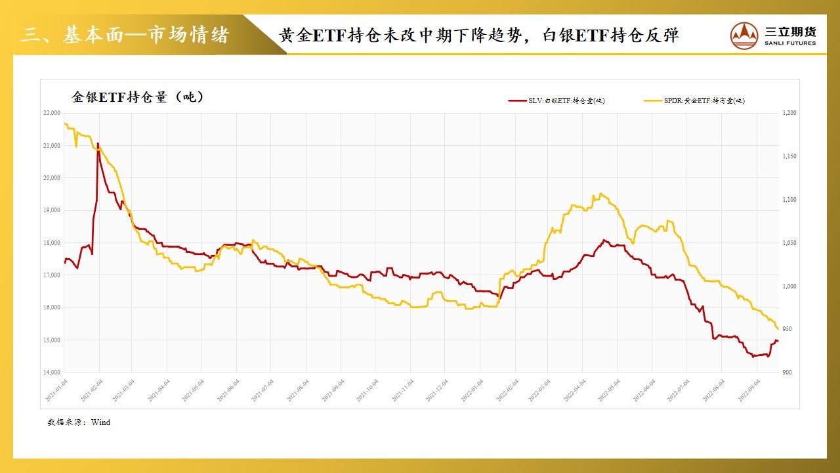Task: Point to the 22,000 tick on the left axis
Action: click(51, 113)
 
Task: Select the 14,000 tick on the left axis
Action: click(51, 372)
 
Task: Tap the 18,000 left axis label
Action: click(51, 243)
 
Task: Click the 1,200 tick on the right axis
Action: click(789, 113)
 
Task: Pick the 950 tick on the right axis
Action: click(787, 330)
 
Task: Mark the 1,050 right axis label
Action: click(789, 243)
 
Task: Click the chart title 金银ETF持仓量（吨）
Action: click(138, 97)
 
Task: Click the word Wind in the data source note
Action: click(100, 422)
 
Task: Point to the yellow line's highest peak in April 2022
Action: click(600, 194)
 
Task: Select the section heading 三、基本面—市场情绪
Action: click(125, 35)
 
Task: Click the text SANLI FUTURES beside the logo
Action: click(790, 43)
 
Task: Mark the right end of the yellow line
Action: click(778, 328)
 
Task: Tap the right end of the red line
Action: click(778, 340)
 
